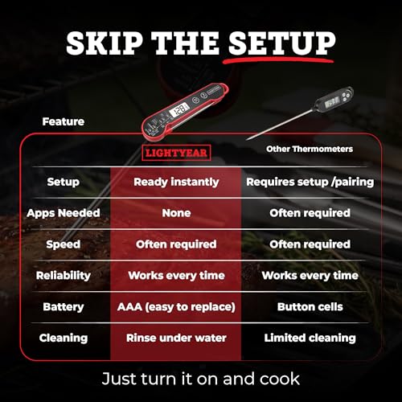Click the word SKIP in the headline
[105, 43]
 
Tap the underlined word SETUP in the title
[281, 43]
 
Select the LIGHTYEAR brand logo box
[176, 153]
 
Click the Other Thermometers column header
[310, 149]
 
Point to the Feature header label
[64, 121]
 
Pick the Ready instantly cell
[176, 182]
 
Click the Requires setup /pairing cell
[310, 182]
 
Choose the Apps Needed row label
[64, 213]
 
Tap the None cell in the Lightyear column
[176, 213]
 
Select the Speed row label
[64, 244]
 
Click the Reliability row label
[64, 276]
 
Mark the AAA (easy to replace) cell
[176, 307]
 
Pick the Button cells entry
[310, 306]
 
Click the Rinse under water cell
[176, 338]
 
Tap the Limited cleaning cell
[310, 338]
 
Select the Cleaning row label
[64, 338]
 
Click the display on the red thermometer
[179, 109]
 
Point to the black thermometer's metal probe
[280, 124]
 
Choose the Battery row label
[64, 307]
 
